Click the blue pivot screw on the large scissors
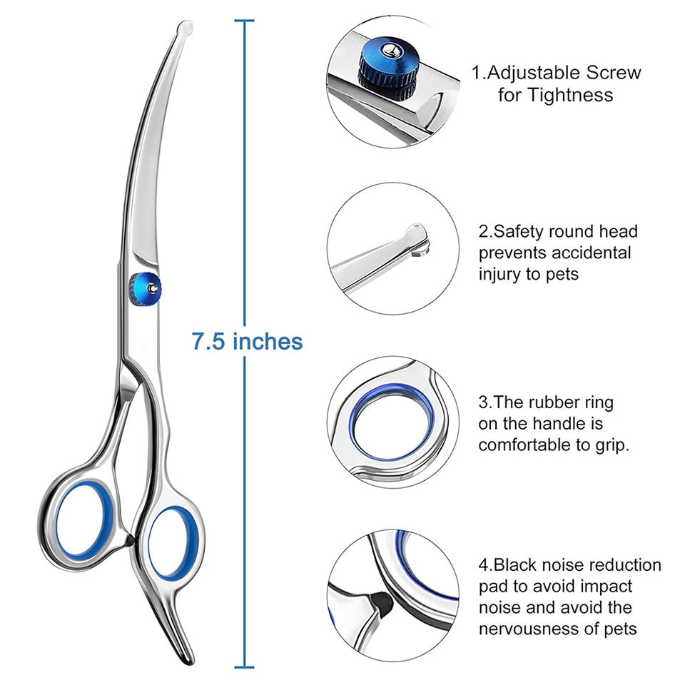tap(145, 288)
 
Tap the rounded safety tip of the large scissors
tap(184, 30)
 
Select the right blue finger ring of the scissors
tap(173, 542)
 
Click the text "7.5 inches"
tap(247, 341)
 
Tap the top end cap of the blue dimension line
tap(245, 21)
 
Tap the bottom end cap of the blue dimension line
tap(245, 667)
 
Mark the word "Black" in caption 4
tap(520, 565)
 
